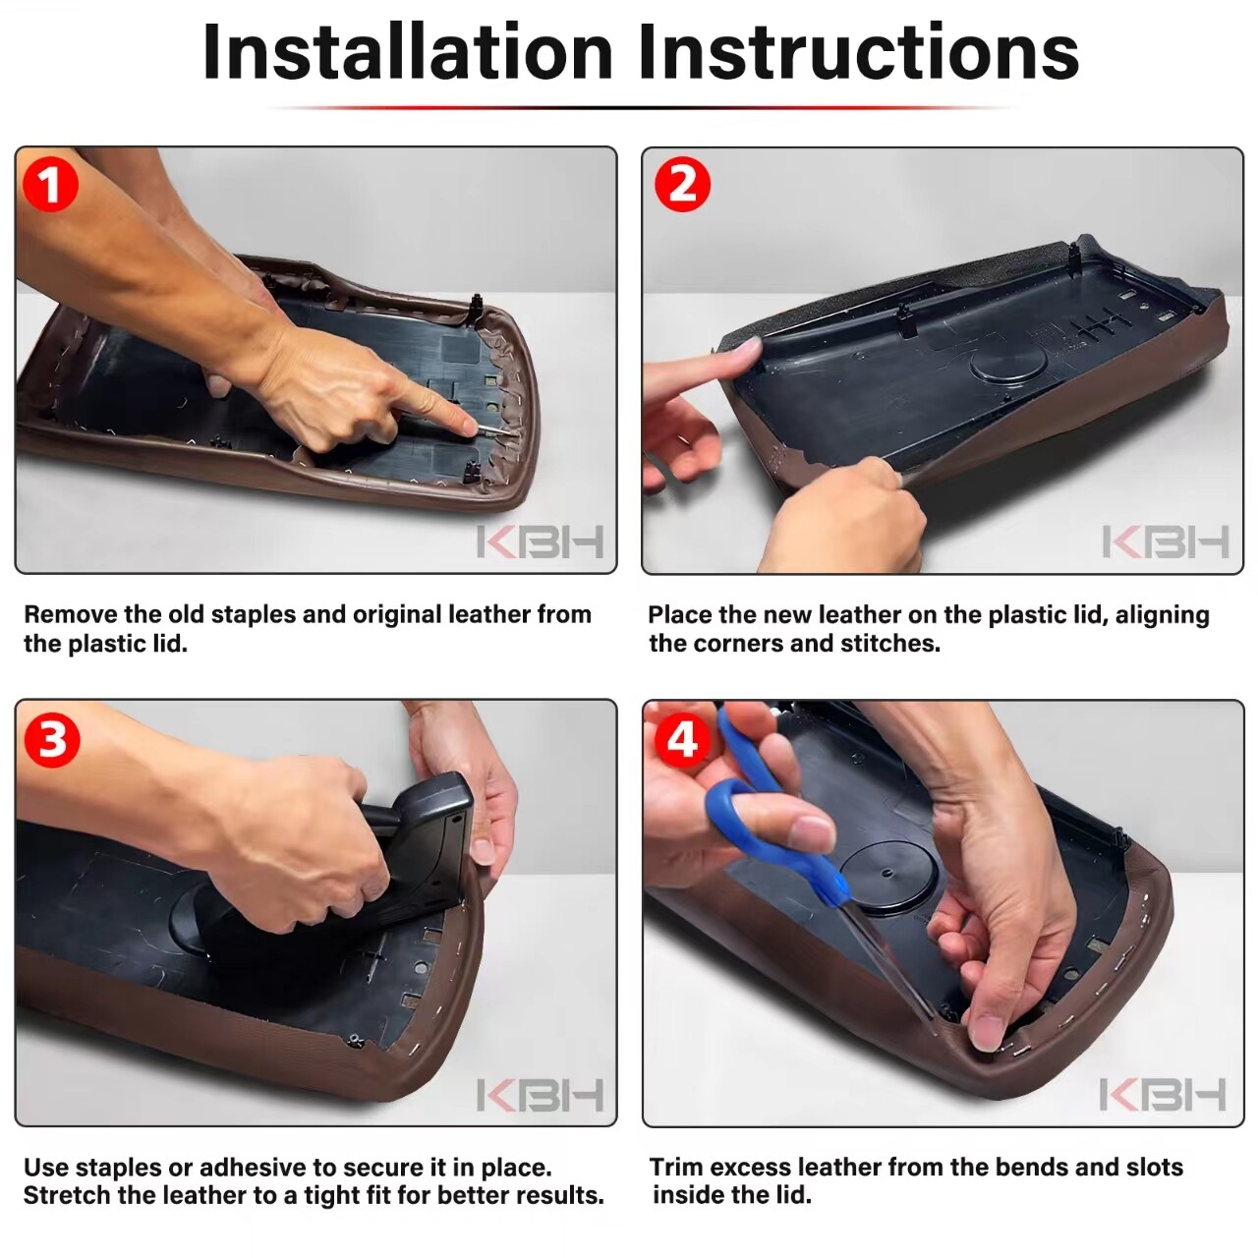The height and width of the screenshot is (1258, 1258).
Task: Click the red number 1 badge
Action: [x=50, y=185]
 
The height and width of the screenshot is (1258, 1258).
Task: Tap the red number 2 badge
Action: [x=682, y=185]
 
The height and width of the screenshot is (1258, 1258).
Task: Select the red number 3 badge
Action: [x=51, y=740]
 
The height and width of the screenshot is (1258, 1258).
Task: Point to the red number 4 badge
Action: [x=682, y=740]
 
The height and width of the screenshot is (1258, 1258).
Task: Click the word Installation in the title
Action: [x=408, y=51]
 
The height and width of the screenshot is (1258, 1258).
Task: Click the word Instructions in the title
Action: [x=859, y=51]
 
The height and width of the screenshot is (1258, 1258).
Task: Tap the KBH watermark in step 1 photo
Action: [x=540, y=542]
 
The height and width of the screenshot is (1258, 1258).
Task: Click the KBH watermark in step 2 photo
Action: [x=1166, y=542]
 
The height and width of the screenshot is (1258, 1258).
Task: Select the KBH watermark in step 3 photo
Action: [x=540, y=1095]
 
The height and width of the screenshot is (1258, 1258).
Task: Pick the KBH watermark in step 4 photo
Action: [x=1163, y=1095]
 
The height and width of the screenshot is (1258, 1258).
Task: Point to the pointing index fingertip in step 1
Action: [x=468, y=427]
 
